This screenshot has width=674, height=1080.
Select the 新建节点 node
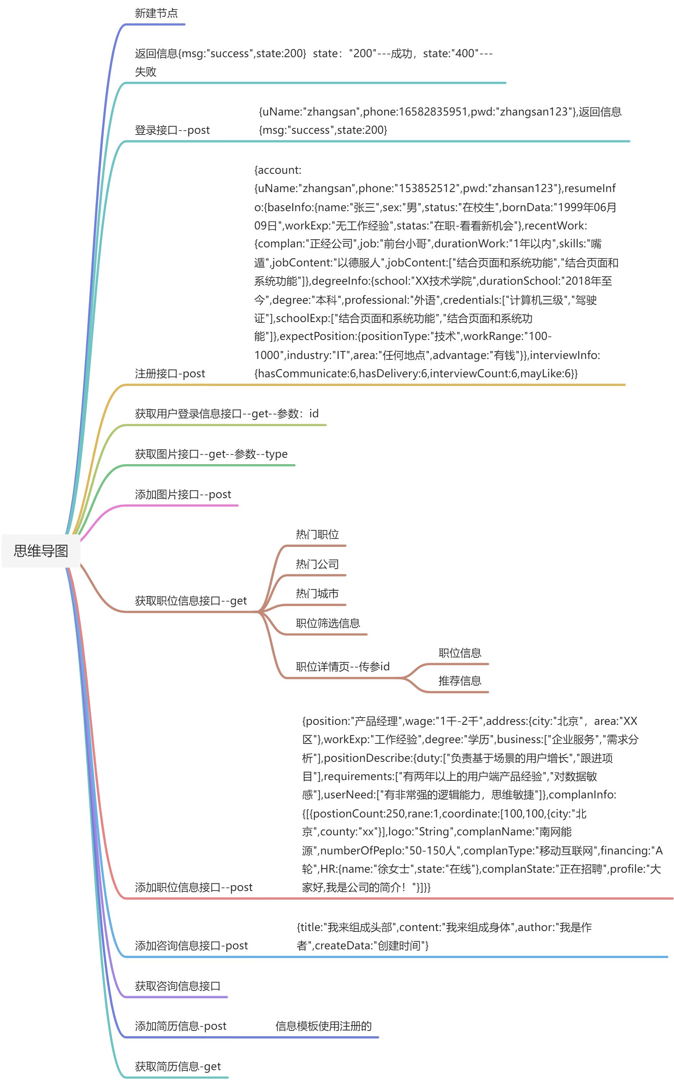(x=156, y=13)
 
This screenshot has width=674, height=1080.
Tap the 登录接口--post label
(x=172, y=130)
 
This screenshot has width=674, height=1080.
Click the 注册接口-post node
(x=170, y=373)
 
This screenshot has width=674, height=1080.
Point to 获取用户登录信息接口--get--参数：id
(x=226, y=413)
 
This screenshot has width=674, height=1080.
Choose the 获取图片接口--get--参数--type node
(x=211, y=454)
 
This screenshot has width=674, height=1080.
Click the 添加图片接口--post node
(x=183, y=494)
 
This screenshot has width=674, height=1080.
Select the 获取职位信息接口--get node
(x=190, y=601)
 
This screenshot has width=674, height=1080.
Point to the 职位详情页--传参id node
(x=342, y=667)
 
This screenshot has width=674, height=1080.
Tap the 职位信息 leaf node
(x=460, y=653)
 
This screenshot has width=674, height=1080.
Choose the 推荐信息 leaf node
(x=460, y=681)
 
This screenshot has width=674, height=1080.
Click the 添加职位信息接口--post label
(x=193, y=887)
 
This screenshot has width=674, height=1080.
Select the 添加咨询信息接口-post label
(x=191, y=945)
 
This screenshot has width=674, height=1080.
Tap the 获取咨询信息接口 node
(x=177, y=985)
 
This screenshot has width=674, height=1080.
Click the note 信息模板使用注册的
(x=323, y=1026)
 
